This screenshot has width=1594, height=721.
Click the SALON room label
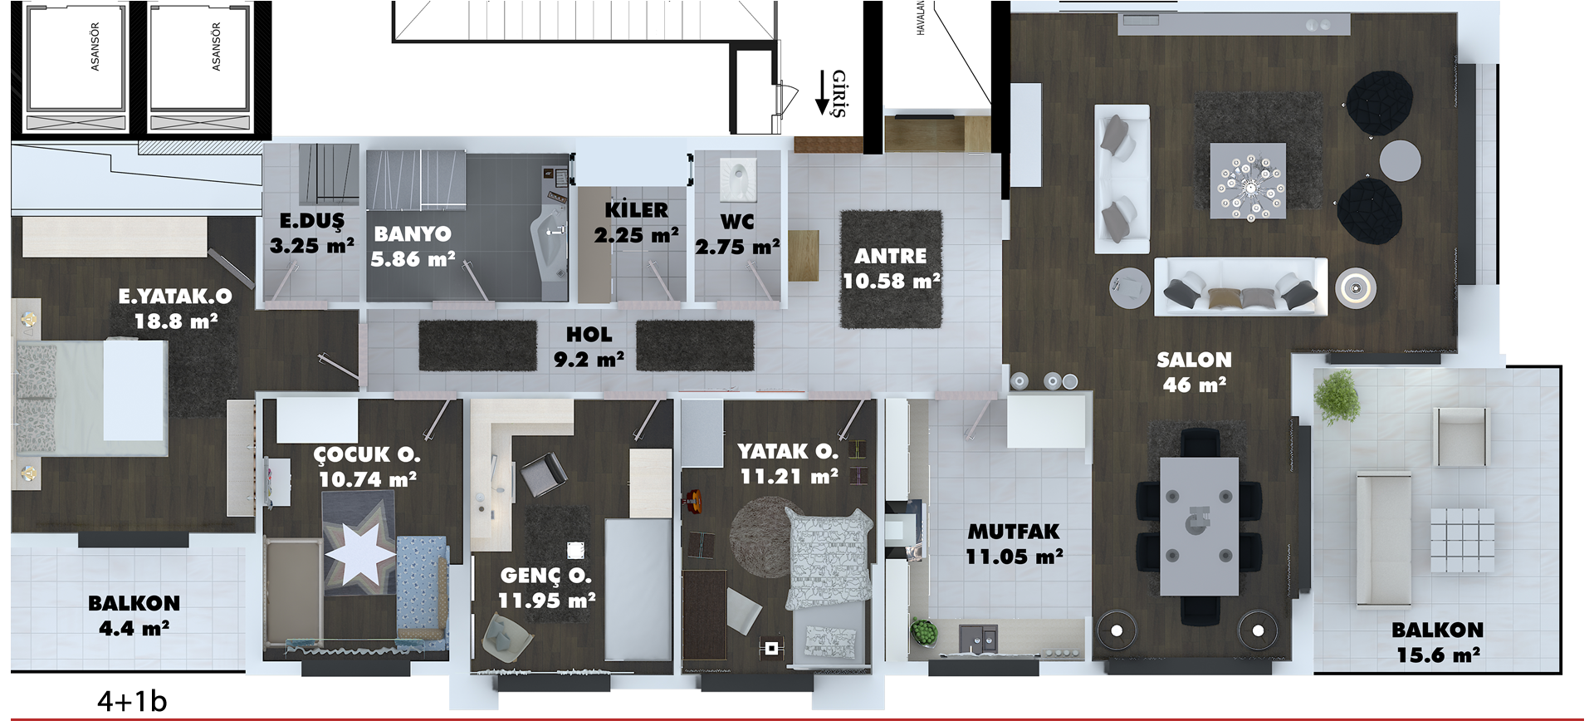click(1194, 360)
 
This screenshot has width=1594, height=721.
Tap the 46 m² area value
click(1194, 385)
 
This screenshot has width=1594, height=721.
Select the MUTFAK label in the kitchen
click(1014, 532)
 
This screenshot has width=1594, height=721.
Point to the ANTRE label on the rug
click(891, 257)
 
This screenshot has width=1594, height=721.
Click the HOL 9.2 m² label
click(589, 347)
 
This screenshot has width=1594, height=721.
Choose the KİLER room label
click(636, 209)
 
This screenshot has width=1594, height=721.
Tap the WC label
click(737, 222)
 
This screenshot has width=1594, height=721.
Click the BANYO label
click(413, 234)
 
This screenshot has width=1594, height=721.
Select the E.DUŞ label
click(311, 220)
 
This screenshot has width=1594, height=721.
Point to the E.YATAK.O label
click(175, 297)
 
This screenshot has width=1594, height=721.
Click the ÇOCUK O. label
click(367, 454)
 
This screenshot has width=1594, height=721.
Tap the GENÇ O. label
click(545, 576)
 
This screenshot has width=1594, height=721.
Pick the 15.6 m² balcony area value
click(1438, 655)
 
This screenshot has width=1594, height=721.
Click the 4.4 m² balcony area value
click(134, 629)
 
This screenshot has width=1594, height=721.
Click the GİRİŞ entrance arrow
click(823, 93)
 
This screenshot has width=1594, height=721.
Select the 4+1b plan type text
click(132, 702)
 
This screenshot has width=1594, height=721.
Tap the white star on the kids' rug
click(359, 552)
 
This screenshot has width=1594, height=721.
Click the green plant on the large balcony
click(1337, 397)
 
